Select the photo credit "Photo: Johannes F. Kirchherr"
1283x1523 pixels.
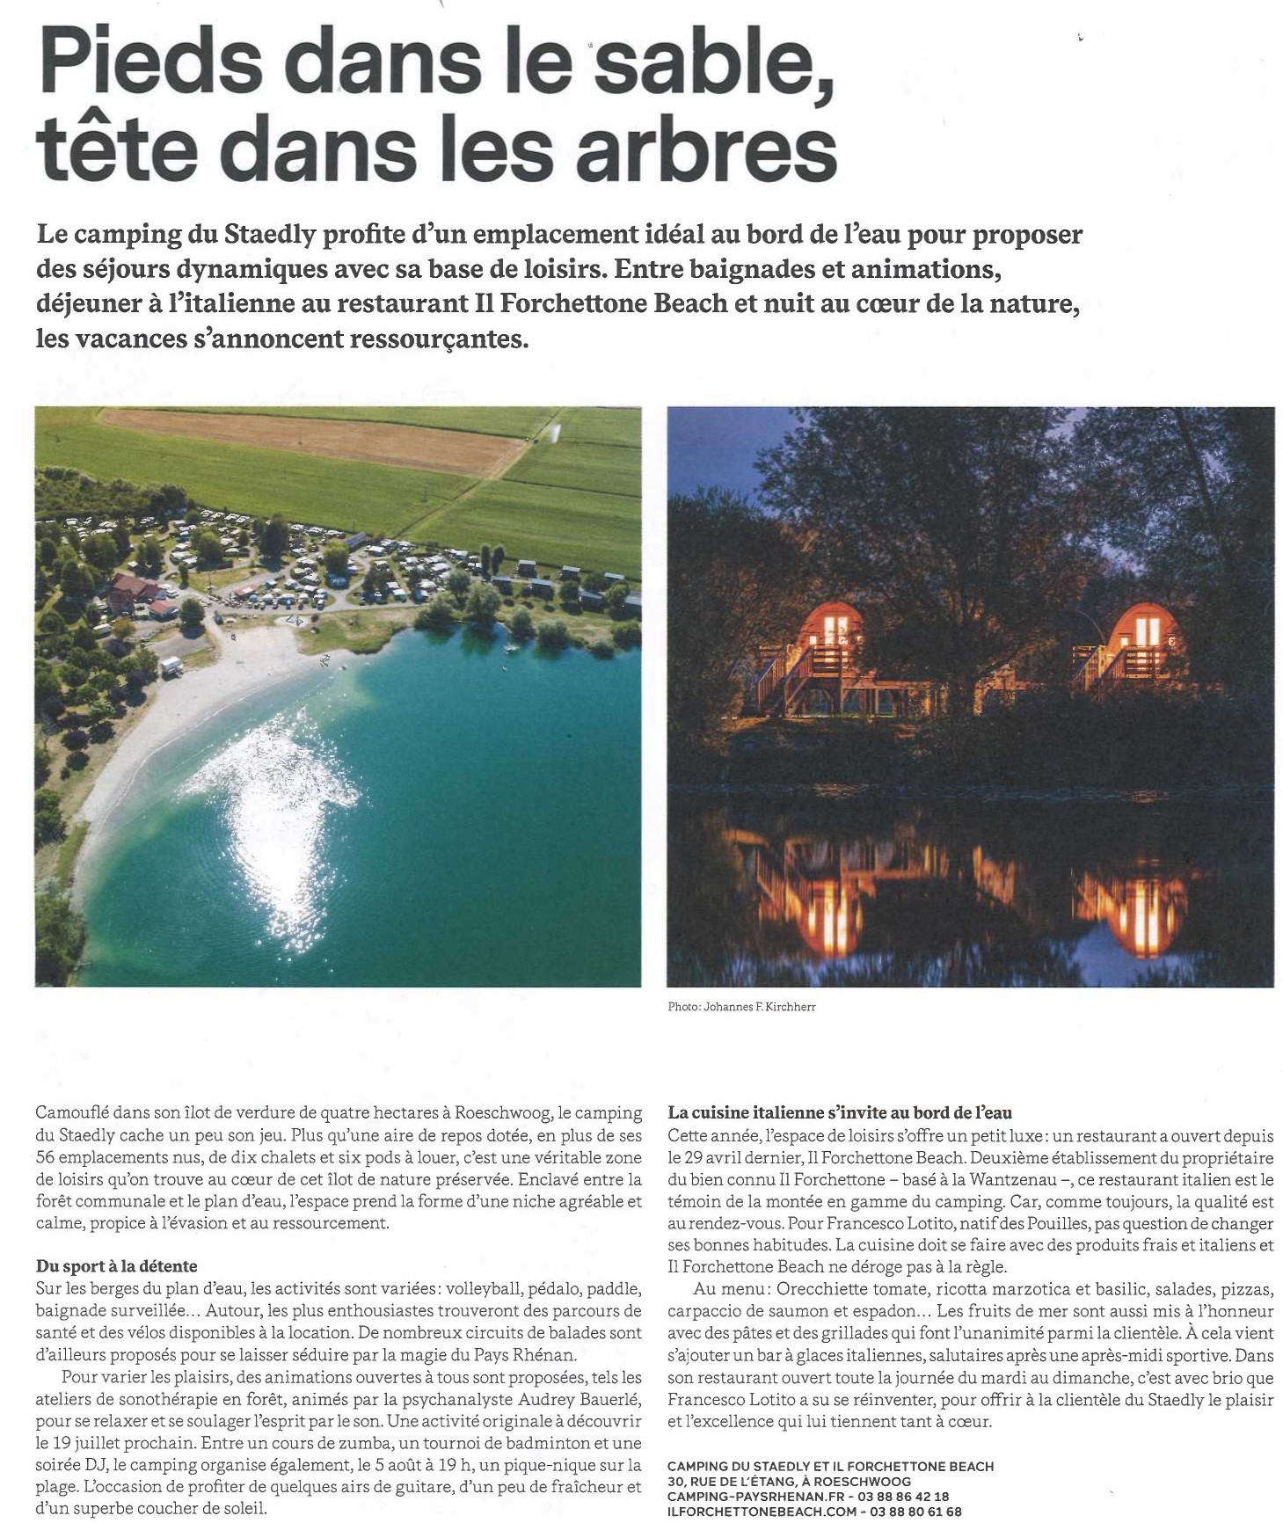tap(741, 1007)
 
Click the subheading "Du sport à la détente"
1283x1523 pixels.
tap(116, 1266)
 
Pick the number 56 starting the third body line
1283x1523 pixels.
tap(46, 1158)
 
